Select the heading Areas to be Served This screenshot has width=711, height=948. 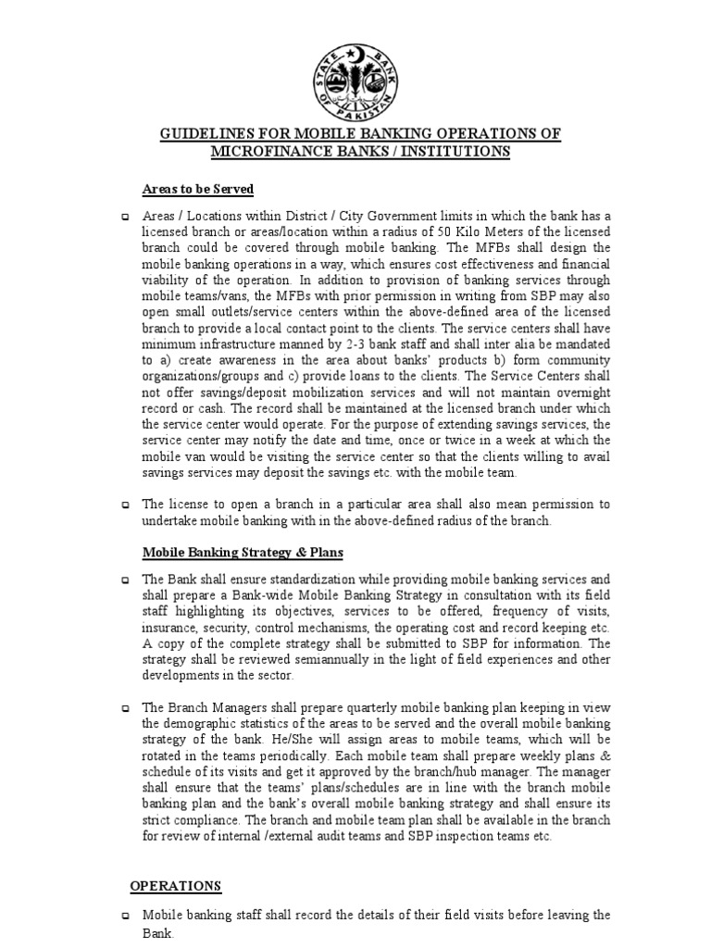tap(198, 189)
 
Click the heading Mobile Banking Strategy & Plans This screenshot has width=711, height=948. tap(243, 553)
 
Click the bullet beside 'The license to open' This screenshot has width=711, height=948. tap(126, 505)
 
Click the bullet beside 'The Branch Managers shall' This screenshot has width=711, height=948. tap(126, 705)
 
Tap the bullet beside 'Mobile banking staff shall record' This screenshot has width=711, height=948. tap(126, 916)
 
